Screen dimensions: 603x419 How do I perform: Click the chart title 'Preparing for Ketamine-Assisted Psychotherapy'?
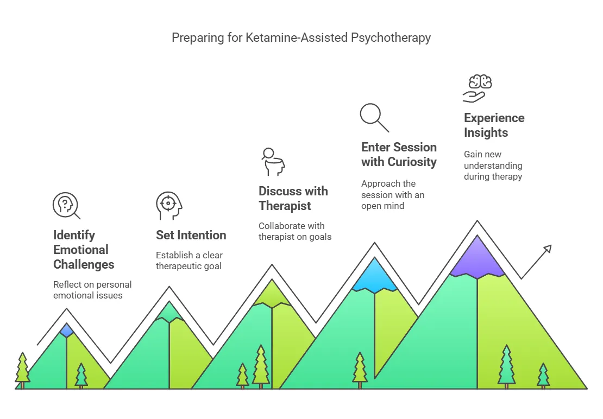(301, 37)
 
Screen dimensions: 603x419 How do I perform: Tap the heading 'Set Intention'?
(191, 235)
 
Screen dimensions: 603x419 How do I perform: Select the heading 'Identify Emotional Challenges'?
(84, 250)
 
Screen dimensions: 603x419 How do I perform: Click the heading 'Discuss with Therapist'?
(293, 198)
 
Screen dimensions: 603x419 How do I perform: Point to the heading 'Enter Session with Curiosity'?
(399, 154)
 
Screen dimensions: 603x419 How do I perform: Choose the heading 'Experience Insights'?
(494, 125)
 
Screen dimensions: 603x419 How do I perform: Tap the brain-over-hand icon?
(478, 88)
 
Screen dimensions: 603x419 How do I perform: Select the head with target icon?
(169, 206)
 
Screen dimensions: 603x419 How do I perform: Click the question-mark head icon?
(66, 206)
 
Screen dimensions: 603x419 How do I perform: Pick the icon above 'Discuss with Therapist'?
(273, 162)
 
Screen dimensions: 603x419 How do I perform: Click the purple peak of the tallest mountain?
(478, 257)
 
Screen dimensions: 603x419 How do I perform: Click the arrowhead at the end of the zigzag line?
(548, 249)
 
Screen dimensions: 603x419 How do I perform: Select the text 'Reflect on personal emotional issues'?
(92, 290)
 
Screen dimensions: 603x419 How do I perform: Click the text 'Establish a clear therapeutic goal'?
(189, 261)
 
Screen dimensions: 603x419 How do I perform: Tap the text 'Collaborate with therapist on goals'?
(295, 231)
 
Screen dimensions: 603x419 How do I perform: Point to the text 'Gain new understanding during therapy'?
(493, 166)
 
